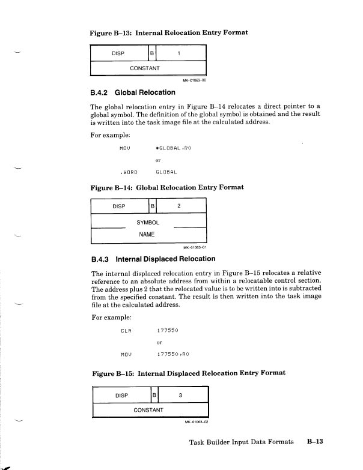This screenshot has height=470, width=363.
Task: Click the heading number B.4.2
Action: coord(98,92)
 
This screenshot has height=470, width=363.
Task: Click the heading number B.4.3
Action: coord(98,259)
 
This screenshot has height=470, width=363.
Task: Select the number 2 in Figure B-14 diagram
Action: coord(179,207)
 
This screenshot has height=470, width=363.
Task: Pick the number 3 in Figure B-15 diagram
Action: coord(180,396)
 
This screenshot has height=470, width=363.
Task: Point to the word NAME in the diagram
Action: coord(147,235)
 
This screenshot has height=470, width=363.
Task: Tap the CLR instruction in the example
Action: coord(126,330)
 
